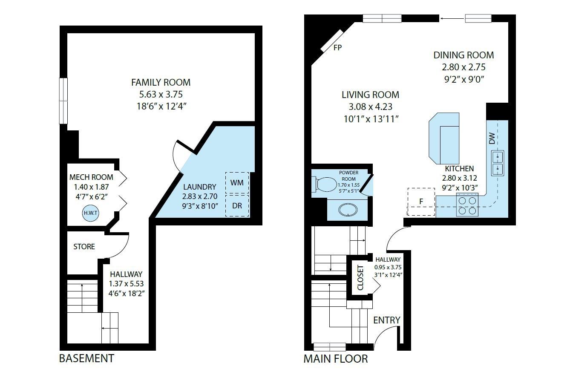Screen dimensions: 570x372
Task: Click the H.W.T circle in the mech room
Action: (x=91, y=213)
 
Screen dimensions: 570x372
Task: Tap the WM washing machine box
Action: (x=237, y=183)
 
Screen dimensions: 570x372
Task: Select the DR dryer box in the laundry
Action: (x=237, y=205)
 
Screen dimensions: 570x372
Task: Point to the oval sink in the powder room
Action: (x=348, y=210)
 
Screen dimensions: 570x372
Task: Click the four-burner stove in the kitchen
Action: (x=467, y=205)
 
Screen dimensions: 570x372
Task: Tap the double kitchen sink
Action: (x=498, y=163)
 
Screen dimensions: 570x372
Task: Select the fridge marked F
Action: (x=421, y=202)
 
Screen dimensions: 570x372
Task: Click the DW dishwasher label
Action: (x=492, y=138)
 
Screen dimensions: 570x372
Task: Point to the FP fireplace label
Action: (x=337, y=48)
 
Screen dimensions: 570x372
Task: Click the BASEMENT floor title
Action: (x=86, y=358)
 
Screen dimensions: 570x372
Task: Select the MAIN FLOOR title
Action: (x=336, y=359)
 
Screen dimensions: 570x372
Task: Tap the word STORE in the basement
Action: (x=84, y=247)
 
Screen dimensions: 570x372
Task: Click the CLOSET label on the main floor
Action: (x=360, y=278)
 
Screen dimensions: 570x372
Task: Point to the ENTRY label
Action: (x=387, y=320)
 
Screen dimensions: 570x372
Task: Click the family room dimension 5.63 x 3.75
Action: (x=161, y=95)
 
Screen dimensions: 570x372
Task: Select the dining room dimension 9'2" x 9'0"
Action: (x=463, y=80)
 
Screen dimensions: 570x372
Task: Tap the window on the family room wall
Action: (x=63, y=101)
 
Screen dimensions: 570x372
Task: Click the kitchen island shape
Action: (x=444, y=138)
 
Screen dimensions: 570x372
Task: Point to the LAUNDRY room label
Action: (x=199, y=187)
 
